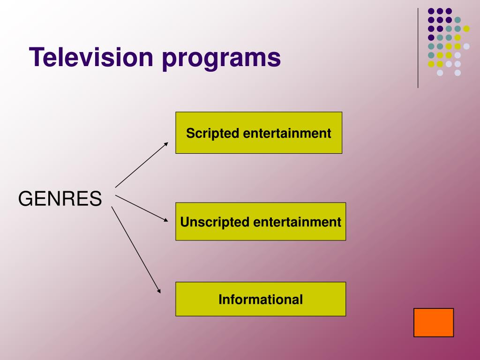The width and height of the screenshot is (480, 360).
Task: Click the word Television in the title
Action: [91, 57]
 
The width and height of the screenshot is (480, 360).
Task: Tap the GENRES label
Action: [60, 199]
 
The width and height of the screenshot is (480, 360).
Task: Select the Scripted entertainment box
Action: [259, 133]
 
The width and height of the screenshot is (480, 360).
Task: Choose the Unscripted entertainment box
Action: [261, 222]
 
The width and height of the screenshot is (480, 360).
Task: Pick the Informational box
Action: [261, 299]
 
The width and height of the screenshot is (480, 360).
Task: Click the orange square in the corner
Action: [434, 322]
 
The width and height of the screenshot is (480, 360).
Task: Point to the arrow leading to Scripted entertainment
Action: [141, 165]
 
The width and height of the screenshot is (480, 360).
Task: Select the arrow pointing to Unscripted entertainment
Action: [141, 208]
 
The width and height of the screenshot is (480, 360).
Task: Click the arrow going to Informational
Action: [136, 250]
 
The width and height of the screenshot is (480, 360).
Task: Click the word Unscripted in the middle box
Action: [215, 222]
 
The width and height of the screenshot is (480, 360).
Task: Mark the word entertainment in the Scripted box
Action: [287, 133]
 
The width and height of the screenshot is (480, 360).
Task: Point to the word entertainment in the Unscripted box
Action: [297, 222]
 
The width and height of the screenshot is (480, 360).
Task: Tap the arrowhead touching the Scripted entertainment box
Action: [166, 144]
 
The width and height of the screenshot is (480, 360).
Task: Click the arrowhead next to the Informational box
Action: [159, 292]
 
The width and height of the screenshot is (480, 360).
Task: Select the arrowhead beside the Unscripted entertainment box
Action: [166, 220]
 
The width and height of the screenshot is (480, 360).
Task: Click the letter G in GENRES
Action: [25, 199]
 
